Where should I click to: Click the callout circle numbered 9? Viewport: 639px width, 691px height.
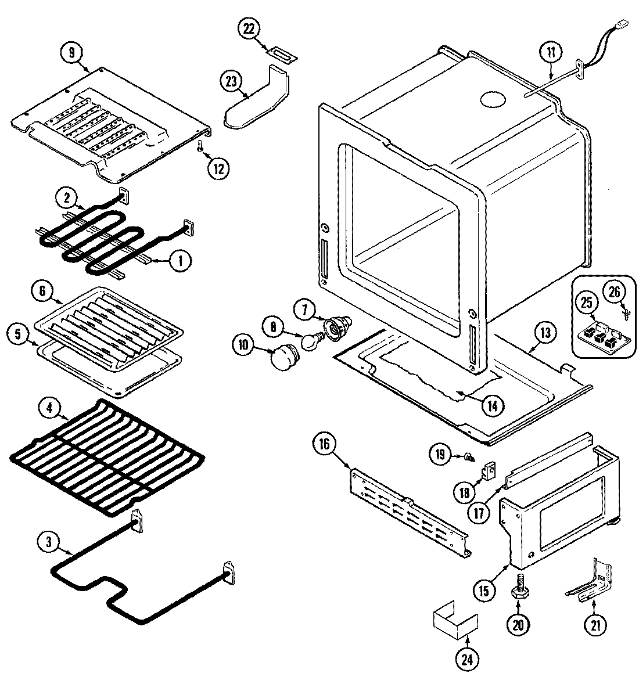[x=71, y=52]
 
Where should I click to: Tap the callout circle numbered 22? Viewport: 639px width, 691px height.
[x=249, y=30]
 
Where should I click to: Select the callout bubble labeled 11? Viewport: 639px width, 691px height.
[x=550, y=52]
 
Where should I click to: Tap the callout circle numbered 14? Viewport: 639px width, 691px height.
[x=491, y=405]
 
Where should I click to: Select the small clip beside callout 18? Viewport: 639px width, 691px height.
[x=489, y=471]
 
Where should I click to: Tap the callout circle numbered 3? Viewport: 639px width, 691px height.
[x=48, y=542]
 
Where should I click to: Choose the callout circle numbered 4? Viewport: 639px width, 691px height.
[x=49, y=408]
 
